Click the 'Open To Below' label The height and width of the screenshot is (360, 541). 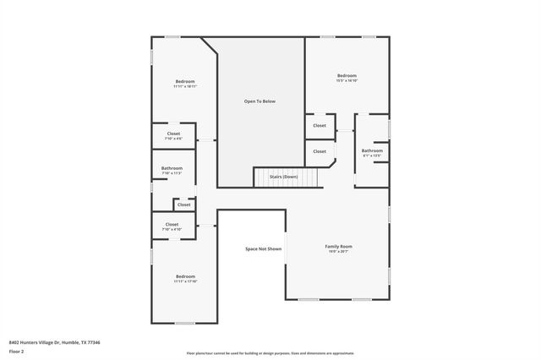coord(260,101)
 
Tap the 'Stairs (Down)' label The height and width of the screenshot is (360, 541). coord(283,176)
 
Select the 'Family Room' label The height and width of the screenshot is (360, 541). coord(338,246)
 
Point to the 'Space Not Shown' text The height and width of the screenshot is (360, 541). coord(263,249)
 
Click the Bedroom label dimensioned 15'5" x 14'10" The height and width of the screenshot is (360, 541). coord(347,75)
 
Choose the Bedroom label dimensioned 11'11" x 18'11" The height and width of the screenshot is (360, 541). coord(184,81)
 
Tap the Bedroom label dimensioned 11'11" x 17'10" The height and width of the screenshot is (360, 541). coord(185,276)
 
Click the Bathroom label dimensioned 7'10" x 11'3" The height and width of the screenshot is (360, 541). coord(172,168)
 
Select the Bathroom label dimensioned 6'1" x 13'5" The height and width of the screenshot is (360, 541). coord(372,150)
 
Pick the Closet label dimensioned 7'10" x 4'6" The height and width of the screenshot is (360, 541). coord(172,134)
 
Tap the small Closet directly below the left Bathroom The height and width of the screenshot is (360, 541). coord(183,205)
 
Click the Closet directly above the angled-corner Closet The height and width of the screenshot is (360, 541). coord(319,126)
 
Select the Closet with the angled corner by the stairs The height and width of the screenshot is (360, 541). coord(319,151)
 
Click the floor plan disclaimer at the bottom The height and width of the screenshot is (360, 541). coord(270,353)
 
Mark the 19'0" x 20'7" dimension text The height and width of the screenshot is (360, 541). coord(338,251)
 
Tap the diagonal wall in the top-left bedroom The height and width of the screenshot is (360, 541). coord(209,46)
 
